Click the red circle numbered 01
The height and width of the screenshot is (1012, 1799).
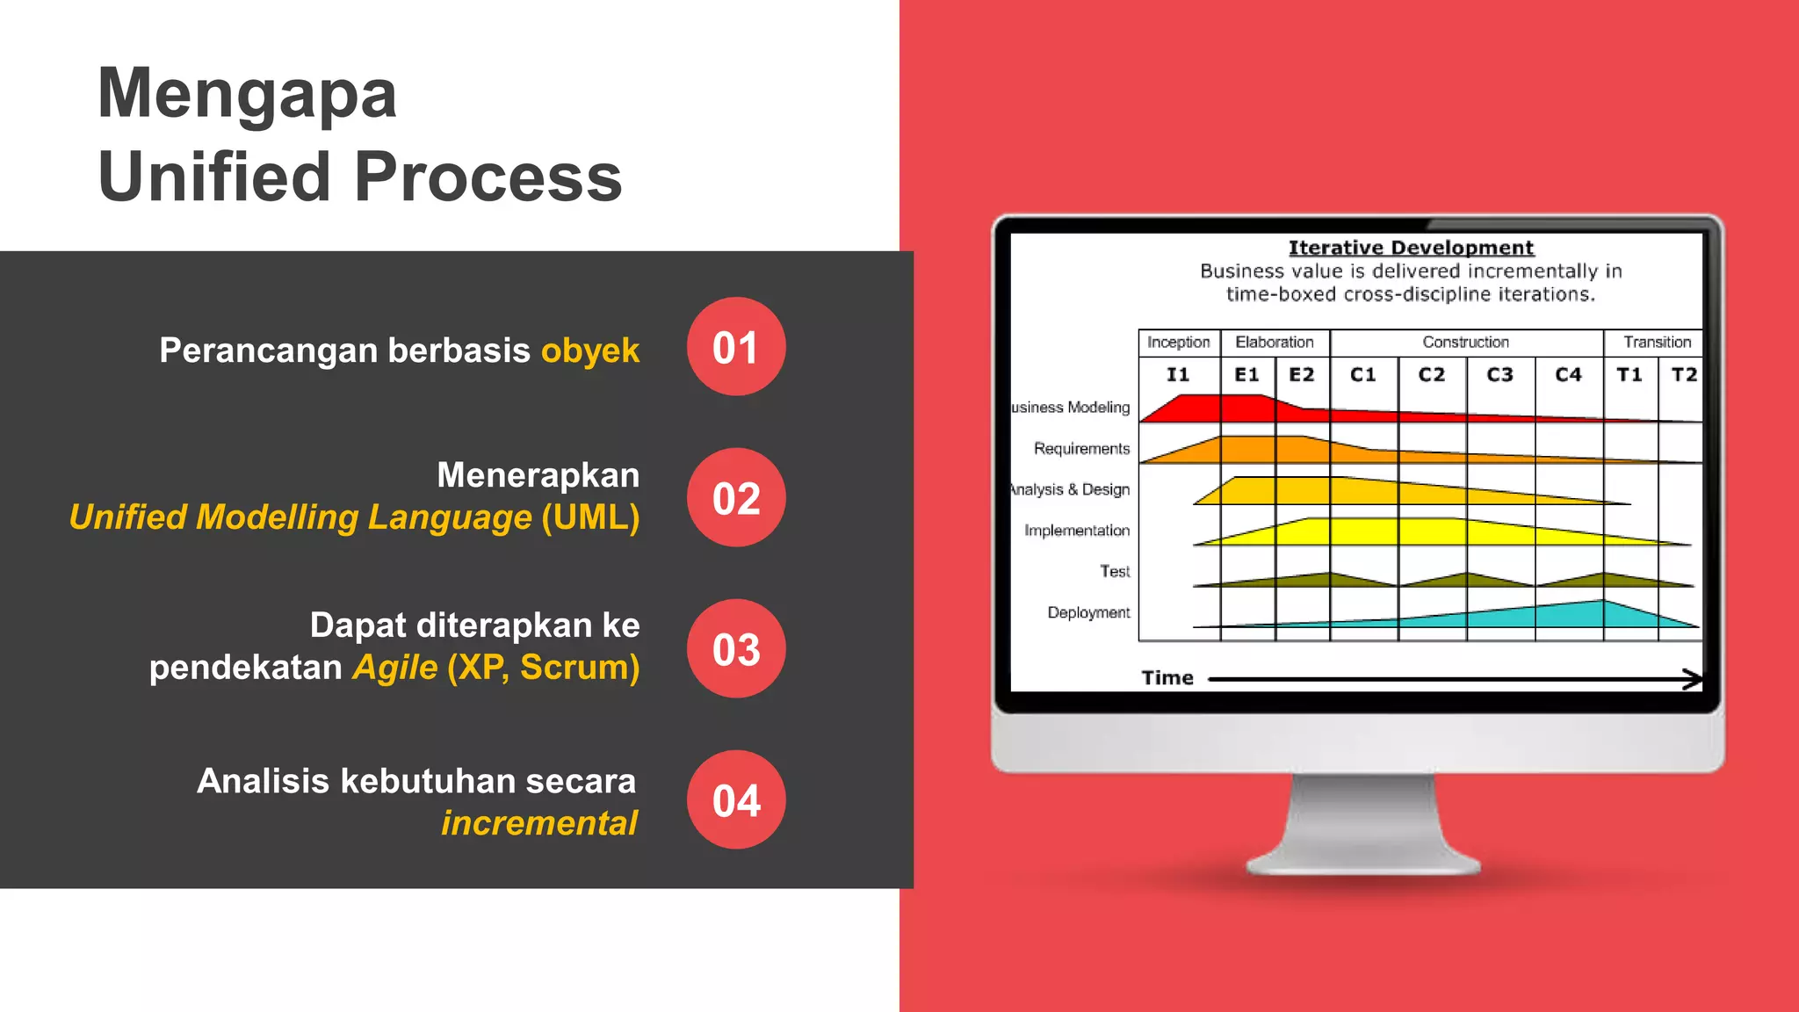736,347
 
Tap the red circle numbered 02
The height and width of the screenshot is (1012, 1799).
736,498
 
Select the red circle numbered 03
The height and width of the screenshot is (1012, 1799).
736,649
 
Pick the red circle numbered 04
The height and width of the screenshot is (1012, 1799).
736,800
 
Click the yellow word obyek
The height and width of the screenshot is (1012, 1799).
589,351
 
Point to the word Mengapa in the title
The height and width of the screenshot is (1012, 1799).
248,93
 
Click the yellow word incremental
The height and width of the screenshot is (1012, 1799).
538,823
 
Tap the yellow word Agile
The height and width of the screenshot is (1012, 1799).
394,667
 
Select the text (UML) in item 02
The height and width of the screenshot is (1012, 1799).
590,517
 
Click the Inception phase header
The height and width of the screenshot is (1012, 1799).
1178,342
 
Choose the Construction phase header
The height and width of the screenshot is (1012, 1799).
1465,342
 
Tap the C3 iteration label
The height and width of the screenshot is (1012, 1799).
1499,375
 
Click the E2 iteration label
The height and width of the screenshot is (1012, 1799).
1301,375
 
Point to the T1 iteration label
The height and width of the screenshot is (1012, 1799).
1629,375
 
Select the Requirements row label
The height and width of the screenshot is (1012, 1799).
1081,449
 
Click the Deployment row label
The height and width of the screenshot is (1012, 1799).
1088,612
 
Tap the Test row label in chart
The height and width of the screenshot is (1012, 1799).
1115,571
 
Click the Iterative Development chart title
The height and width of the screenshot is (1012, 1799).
1411,248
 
